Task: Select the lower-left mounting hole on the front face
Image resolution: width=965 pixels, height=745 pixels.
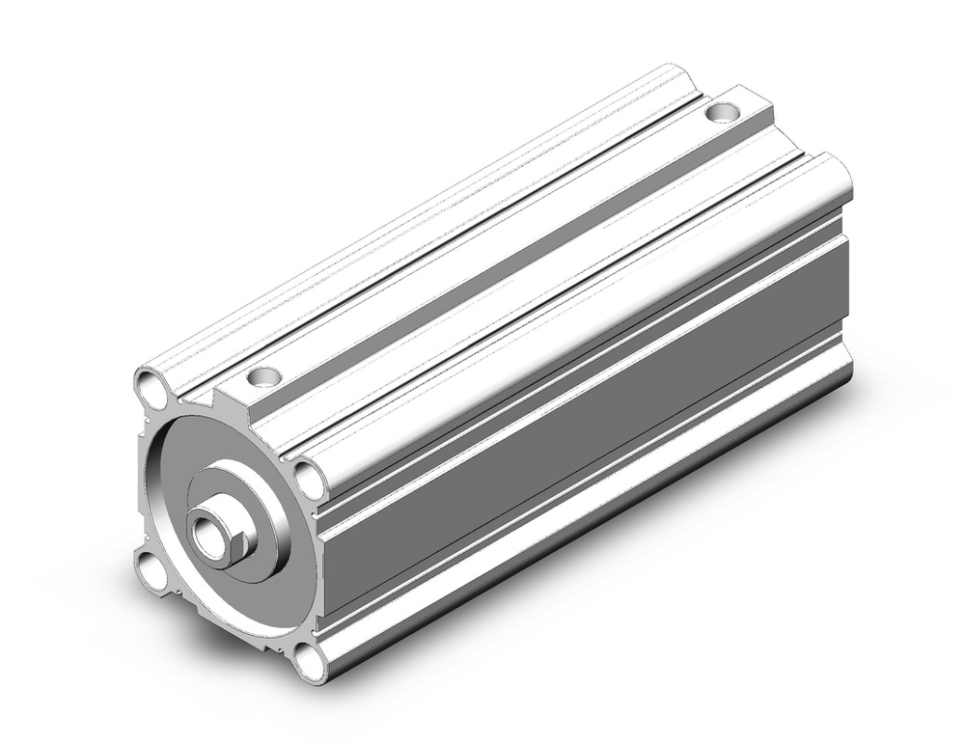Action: [152, 568]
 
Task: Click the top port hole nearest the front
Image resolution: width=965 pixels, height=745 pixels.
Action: [263, 376]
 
